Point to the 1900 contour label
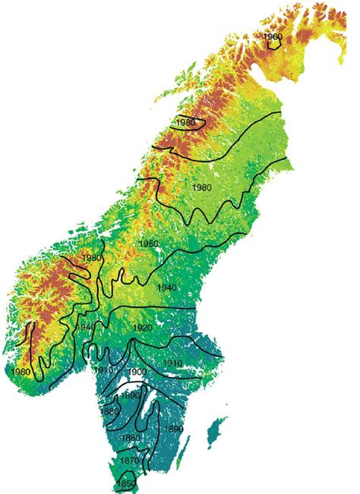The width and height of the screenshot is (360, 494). tap(137, 371)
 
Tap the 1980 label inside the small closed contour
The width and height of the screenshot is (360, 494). tap(185, 123)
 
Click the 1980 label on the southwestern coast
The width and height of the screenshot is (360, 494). tap(21, 371)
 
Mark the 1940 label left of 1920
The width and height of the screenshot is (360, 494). tap(84, 327)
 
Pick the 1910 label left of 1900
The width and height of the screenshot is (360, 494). tap(104, 370)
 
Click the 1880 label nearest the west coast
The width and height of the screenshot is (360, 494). tap(109, 411)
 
